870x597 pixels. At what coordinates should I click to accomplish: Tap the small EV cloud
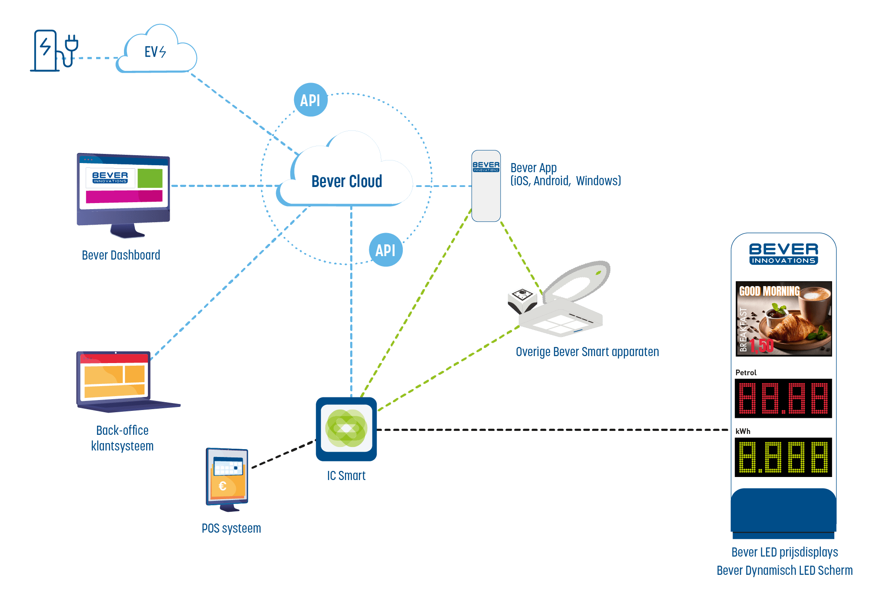[157, 52]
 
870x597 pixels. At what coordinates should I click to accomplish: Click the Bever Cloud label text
[347, 181]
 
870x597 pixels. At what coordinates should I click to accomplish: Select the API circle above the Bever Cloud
[310, 100]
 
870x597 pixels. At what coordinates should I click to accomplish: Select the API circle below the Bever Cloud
[385, 250]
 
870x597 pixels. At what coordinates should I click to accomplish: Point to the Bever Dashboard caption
[121, 255]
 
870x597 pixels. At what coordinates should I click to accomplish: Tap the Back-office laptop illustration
[122, 380]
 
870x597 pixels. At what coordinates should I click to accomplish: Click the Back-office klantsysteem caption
[122, 438]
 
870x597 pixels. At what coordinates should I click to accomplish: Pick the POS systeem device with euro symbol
[227, 478]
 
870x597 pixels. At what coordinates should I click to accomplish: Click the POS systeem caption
[231, 528]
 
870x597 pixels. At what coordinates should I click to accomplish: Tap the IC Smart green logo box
[346, 429]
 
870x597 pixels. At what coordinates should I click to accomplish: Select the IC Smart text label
[346, 476]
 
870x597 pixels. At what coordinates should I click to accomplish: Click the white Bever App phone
[486, 186]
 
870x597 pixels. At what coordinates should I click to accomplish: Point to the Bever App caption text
[565, 174]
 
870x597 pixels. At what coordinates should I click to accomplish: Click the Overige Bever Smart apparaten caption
[587, 352]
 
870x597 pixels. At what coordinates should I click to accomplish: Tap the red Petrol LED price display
[783, 398]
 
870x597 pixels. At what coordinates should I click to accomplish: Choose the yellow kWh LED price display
[783, 457]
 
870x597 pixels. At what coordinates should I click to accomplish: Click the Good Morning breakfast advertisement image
[783, 319]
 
